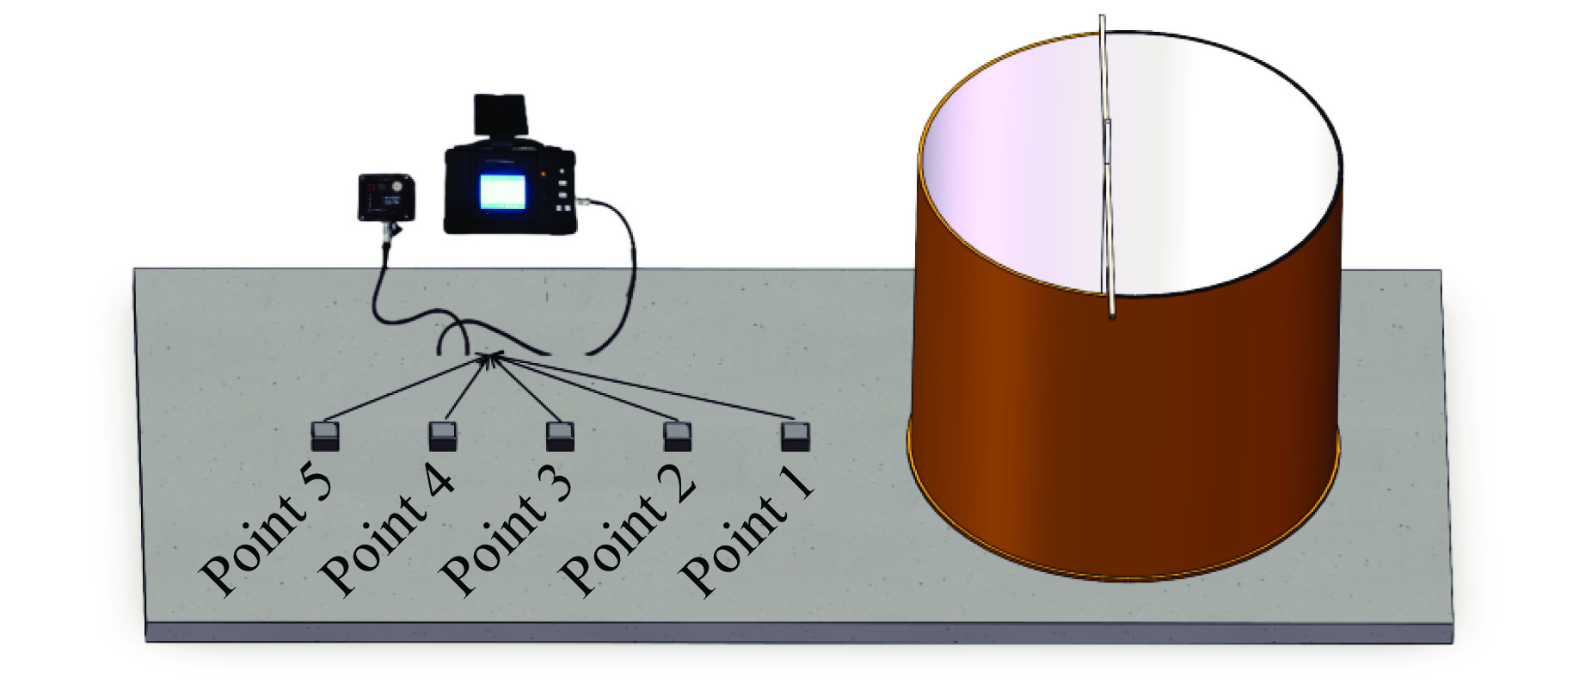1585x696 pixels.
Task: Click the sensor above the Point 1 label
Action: pos(795,436)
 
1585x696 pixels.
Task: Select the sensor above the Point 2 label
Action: pos(678,436)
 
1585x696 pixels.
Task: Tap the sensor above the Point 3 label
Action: pos(560,436)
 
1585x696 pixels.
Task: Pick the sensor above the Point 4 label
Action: pos(443,436)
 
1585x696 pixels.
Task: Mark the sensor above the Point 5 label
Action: pos(325,436)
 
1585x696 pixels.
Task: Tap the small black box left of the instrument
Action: pos(386,197)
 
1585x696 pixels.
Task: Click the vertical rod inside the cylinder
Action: pos(1108,172)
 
